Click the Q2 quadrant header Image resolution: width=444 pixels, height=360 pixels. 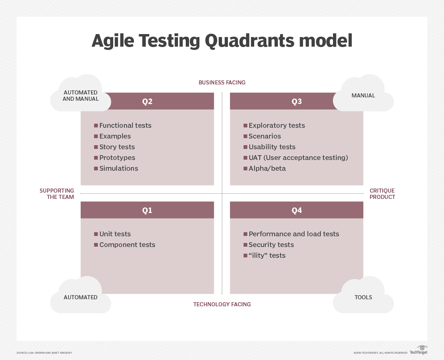tap(147, 101)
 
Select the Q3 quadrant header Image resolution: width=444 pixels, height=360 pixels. tap(296, 101)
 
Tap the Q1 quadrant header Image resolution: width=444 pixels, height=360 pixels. tap(147, 210)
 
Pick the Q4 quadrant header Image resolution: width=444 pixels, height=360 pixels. tap(296, 210)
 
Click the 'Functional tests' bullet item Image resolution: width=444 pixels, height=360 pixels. tap(125, 126)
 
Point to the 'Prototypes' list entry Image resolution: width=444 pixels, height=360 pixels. tap(117, 158)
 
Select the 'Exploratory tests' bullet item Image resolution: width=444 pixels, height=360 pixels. tap(276, 126)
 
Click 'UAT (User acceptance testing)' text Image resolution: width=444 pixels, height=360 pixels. tap(298, 158)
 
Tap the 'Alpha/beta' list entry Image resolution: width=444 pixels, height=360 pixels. tap(267, 169)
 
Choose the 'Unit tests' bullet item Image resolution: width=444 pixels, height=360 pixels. tap(115, 234)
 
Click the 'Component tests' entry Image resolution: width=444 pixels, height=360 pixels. tap(127, 245)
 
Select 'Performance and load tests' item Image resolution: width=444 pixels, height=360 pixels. tap(293, 234)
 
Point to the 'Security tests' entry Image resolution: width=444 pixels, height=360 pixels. tap(271, 245)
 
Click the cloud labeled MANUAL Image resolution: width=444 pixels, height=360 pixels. tap(363, 96)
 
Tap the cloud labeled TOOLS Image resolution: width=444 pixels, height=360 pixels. tap(363, 297)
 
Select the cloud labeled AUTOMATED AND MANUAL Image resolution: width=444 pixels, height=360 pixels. tap(81, 96)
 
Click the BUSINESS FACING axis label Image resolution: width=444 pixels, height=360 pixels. tap(222, 83)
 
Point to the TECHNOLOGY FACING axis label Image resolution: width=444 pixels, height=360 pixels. tap(222, 304)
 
